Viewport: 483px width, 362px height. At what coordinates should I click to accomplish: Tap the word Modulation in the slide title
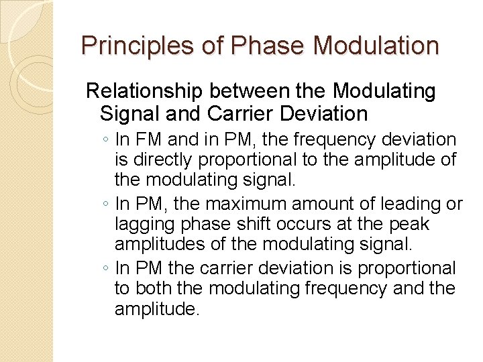376,46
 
